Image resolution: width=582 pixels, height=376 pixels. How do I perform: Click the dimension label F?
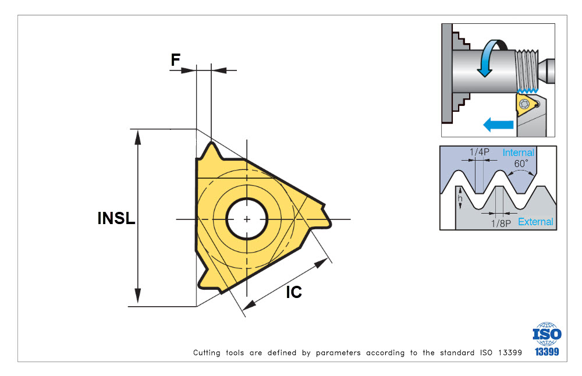click(x=175, y=59)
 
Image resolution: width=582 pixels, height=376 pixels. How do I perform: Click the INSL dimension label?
click(x=116, y=219)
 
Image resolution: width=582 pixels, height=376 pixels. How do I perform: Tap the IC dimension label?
click(x=294, y=292)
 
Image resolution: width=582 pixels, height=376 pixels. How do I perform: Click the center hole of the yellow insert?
click(x=247, y=219)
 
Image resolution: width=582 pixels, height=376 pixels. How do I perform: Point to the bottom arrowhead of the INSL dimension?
click(x=138, y=298)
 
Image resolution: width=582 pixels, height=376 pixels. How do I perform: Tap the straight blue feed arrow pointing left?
click(x=497, y=123)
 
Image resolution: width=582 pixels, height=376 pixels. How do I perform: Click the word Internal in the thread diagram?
click(x=518, y=152)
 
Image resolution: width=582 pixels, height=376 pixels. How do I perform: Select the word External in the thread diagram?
click(x=535, y=222)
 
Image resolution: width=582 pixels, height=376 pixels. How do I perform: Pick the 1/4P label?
click(x=480, y=152)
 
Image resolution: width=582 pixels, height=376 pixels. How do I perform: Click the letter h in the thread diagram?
click(x=460, y=199)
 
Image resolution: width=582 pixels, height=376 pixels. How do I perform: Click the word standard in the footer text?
click(x=453, y=353)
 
